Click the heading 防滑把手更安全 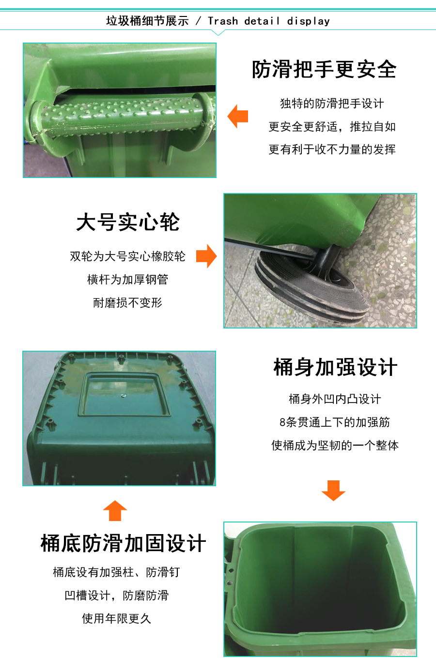point(324,69)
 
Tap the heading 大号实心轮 point(128,222)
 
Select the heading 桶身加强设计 point(335,367)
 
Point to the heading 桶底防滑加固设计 point(124,543)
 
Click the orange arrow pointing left point(238,116)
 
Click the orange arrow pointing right point(206,256)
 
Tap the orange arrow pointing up point(115,511)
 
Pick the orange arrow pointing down point(333,491)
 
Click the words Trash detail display point(269,21)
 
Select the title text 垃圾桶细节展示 point(147,21)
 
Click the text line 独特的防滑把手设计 point(332,104)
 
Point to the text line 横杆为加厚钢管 point(127,280)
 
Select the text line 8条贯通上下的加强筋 point(335,422)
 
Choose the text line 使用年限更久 point(116,618)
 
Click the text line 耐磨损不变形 point(127,302)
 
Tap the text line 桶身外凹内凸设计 point(335,399)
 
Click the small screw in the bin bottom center point(123,396)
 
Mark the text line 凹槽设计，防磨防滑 point(116,595)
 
